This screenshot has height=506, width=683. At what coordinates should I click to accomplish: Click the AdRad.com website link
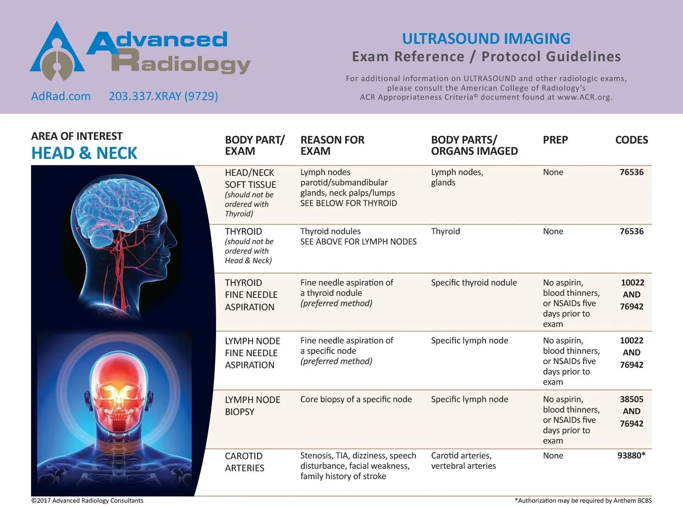pyautogui.click(x=61, y=96)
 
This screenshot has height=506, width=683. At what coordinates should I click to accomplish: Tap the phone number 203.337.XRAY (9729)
pyautogui.click(x=163, y=96)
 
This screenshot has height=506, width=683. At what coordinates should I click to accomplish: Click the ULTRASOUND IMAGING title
pyautogui.click(x=486, y=38)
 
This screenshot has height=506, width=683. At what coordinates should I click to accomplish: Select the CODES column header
pyautogui.click(x=631, y=140)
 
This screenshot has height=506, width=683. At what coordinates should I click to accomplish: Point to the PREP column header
pyautogui.click(x=555, y=140)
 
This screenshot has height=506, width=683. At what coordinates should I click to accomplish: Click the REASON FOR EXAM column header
pyautogui.click(x=332, y=145)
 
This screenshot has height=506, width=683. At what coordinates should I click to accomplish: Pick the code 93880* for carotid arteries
pyautogui.click(x=631, y=456)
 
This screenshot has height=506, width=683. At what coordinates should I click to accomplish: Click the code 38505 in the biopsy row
pyautogui.click(x=631, y=399)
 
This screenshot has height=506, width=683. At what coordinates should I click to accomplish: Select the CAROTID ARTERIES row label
pyautogui.click(x=244, y=462)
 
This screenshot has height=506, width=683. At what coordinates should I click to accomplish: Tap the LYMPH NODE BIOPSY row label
pyautogui.click(x=252, y=405)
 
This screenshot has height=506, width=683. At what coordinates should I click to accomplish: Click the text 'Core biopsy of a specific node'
pyautogui.click(x=356, y=399)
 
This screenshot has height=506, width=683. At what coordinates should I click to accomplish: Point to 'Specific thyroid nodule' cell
pyautogui.click(x=474, y=283)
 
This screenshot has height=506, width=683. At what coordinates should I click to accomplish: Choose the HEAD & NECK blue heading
pyautogui.click(x=84, y=153)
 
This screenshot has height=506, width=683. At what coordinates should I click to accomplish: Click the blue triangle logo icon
pyautogui.click(x=57, y=52)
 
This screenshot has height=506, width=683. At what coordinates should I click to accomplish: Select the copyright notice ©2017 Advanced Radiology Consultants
pyautogui.click(x=87, y=501)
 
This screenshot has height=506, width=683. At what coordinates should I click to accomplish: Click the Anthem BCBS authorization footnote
pyautogui.click(x=583, y=501)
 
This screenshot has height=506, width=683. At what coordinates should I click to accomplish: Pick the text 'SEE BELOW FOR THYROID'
pyautogui.click(x=349, y=203)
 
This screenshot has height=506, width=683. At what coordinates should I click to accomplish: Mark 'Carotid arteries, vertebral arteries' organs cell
pyautogui.click(x=463, y=460)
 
